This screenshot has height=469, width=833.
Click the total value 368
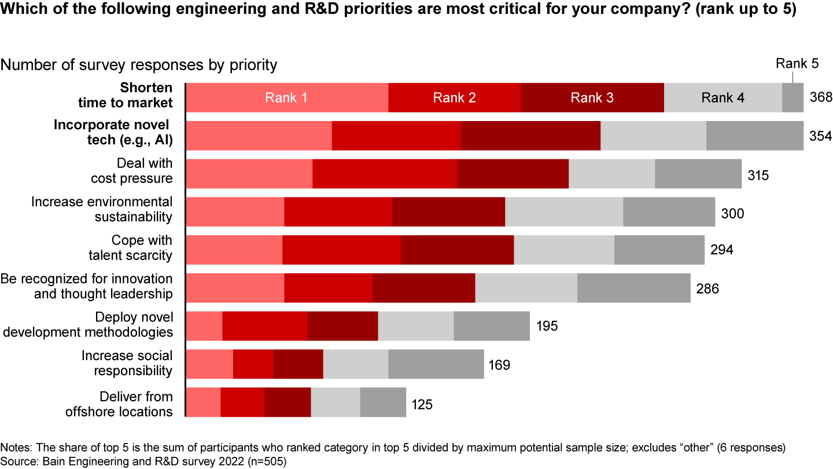(x=820, y=98)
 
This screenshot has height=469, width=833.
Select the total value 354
(x=820, y=136)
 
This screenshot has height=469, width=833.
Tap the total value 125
(x=422, y=404)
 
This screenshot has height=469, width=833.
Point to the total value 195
(x=547, y=327)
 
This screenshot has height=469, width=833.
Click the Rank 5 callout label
(x=797, y=64)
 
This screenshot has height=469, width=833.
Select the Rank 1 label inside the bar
(x=286, y=98)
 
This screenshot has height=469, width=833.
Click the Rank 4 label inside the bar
(x=723, y=98)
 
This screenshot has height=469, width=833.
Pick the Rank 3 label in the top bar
(x=592, y=98)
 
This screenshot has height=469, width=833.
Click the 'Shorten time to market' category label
(x=146, y=96)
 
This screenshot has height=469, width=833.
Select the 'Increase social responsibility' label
(x=127, y=363)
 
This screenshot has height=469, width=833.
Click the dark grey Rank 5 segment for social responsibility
(x=436, y=364)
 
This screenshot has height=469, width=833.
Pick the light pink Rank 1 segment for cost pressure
(x=249, y=174)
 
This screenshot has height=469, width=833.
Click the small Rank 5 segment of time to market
(x=793, y=98)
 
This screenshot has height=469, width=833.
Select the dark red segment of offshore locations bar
(x=288, y=402)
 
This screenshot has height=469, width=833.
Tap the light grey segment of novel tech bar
(x=653, y=136)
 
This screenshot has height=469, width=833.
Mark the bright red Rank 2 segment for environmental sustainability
(x=338, y=212)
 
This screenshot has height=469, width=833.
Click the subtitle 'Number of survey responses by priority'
(x=139, y=65)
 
